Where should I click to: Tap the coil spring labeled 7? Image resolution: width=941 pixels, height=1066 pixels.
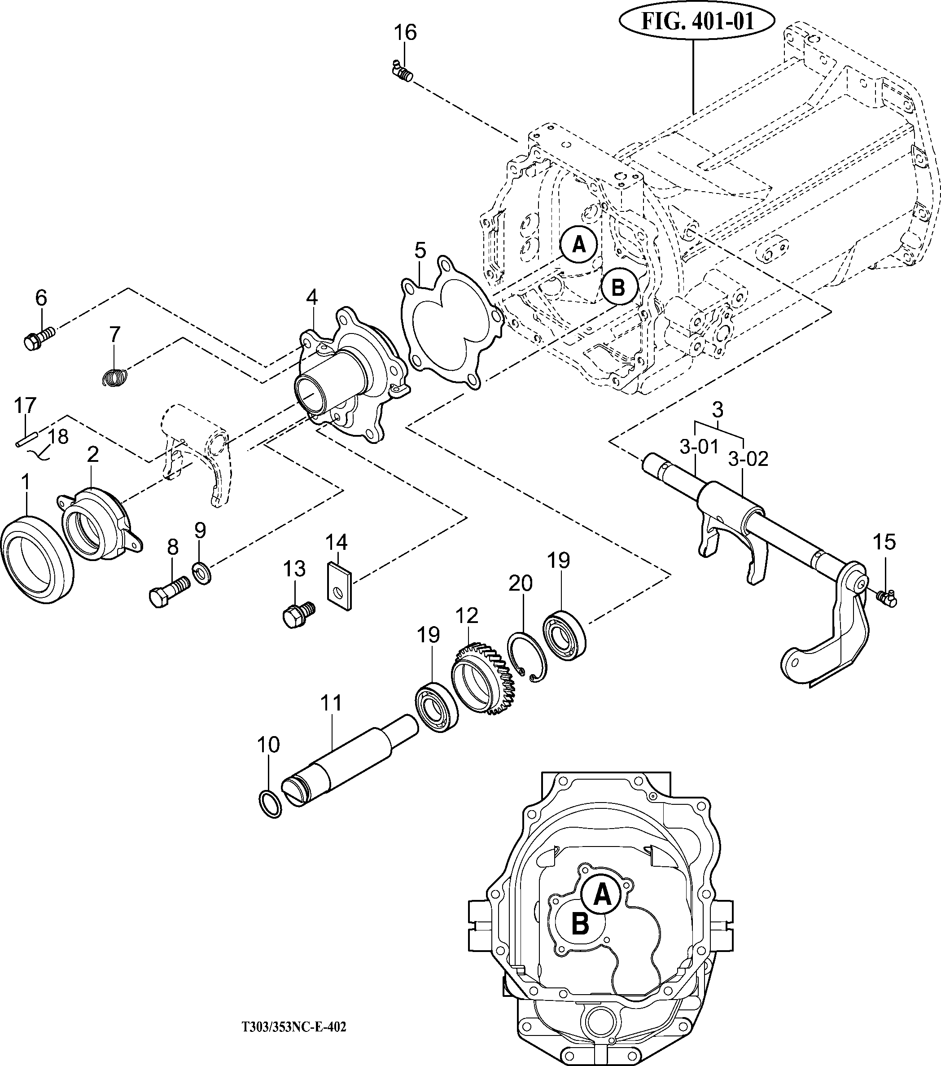[114, 377]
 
